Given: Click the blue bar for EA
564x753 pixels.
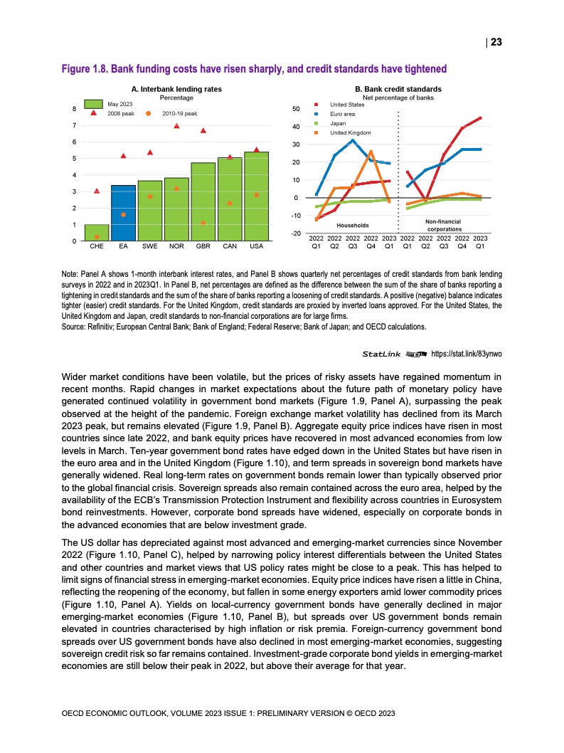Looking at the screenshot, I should (x=123, y=214).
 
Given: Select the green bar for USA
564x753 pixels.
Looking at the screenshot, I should (x=256, y=197).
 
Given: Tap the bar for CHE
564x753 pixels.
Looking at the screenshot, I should (x=96, y=233).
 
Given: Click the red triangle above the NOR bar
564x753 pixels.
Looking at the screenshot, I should (x=176, y=126).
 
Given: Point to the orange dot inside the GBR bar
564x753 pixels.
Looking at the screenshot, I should (x=203, y=223).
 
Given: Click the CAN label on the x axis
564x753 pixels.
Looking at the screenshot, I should (x=230, y=249).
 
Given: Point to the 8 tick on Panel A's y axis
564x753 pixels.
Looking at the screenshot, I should (x=75, y=109).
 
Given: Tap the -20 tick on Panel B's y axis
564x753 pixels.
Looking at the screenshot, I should (x=297, y=233).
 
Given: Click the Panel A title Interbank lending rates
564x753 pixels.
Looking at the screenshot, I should (x=177, y=89).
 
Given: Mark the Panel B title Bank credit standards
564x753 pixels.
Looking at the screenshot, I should (x=398, y=89).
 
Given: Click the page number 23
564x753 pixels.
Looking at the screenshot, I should (x=496, y=42).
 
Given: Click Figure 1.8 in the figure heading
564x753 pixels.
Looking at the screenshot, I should (x=85, y=69).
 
